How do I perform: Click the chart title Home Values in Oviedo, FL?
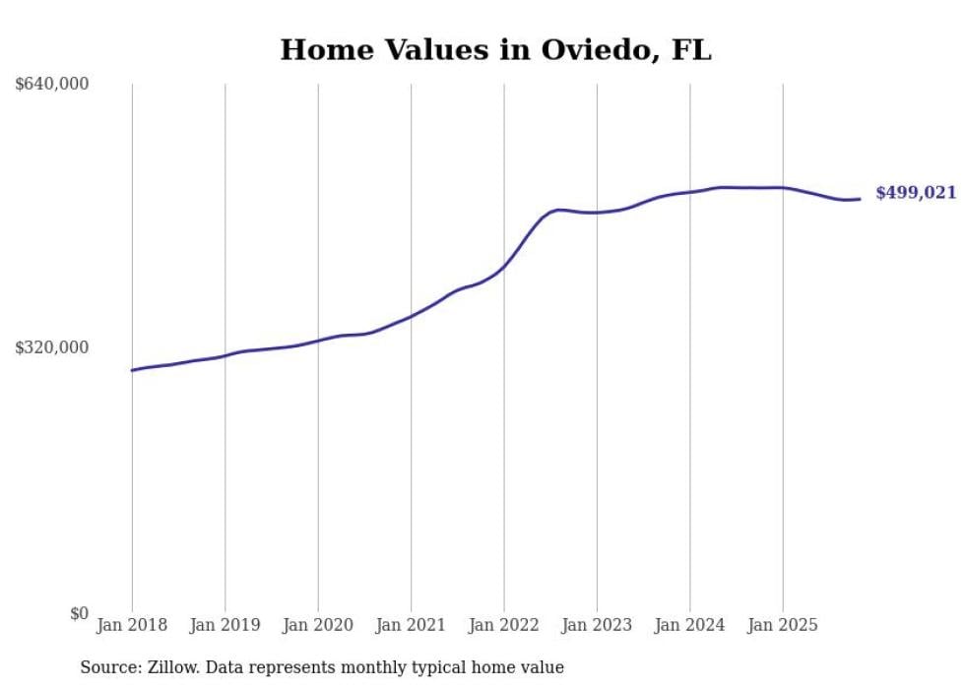[495, 49]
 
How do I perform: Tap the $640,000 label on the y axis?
[52, 85]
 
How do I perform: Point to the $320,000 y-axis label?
[52, 347]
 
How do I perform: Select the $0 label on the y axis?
[79, 613]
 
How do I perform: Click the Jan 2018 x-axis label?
[132, 625]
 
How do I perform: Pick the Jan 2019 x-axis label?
[225, 625]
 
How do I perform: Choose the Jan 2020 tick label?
[318, 625]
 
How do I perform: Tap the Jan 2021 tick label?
[411, 625]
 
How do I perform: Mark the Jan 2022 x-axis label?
[504, 625]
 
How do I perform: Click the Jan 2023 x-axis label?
[597, 625]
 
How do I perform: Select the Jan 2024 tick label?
[690, 625]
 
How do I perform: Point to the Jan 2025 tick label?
[783, 625]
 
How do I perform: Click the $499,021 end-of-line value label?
[916, 193]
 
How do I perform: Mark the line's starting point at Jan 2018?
[132, 370]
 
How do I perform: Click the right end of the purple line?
[860, 199]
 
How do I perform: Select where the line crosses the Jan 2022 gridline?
[504, 266]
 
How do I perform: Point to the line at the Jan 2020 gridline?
[318, 341]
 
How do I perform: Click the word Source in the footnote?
[106, 667]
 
